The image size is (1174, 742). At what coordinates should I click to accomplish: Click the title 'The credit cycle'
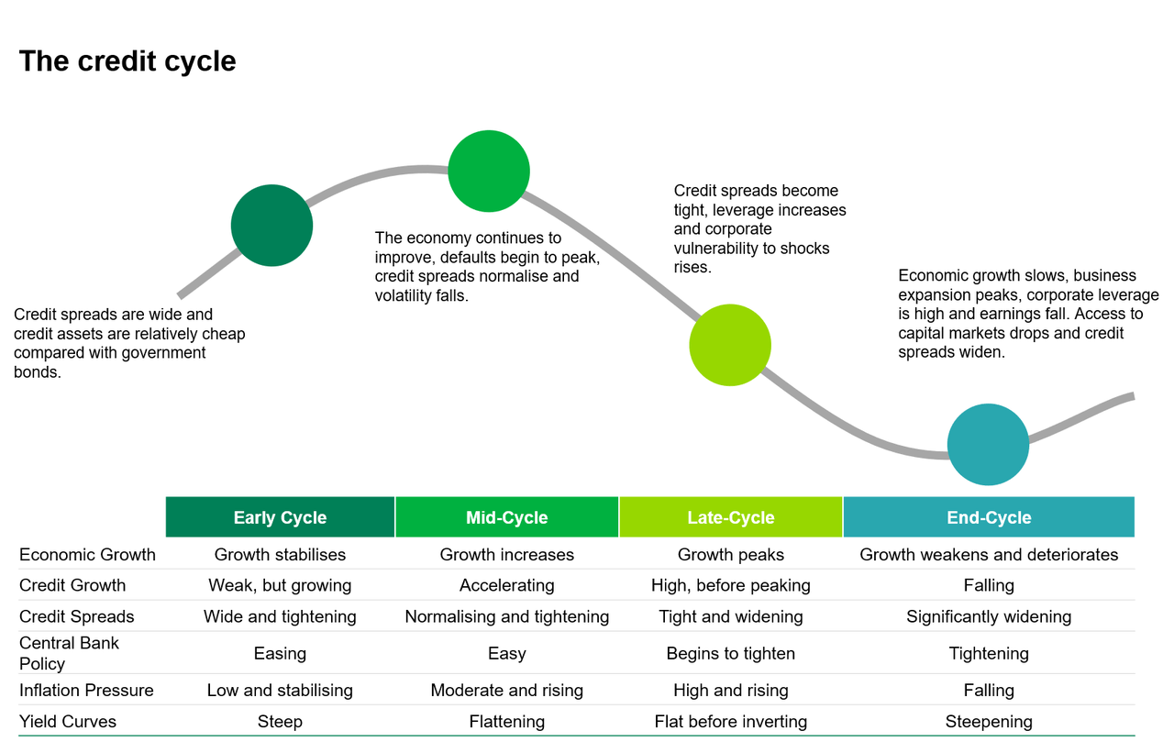(127, 61)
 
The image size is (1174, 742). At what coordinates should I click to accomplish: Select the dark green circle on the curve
(272, 226)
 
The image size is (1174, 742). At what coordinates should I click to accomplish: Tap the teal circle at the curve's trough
(988, 445)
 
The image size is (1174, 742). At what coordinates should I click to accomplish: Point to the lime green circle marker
(730, 345)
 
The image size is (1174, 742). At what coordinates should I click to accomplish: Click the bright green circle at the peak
(489, 172)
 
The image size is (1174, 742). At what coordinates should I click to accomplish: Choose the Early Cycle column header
(280, 517)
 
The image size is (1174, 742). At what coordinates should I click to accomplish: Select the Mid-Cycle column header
(507, 517)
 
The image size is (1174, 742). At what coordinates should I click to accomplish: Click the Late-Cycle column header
(731, 517)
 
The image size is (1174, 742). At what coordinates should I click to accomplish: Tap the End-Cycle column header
(989, 517)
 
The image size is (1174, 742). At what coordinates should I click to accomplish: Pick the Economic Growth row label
(88, 555)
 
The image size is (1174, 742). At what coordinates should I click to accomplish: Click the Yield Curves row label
(68, 722)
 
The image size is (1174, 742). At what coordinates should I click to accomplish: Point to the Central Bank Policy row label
(70, 653)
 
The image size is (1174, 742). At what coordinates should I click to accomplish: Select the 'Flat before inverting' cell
(731, 722)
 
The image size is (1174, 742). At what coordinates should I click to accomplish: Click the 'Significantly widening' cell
(989, 616)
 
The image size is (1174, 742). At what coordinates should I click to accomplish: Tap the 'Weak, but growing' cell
(280, 585)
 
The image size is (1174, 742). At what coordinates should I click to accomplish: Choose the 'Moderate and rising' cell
(507, 690)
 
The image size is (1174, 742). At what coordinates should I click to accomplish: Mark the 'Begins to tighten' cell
(731, 653)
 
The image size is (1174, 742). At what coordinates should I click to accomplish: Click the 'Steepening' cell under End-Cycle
(989, 722)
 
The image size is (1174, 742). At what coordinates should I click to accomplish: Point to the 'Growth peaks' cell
(731, 555)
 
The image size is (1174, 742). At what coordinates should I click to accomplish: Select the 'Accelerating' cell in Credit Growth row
(507, 585)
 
